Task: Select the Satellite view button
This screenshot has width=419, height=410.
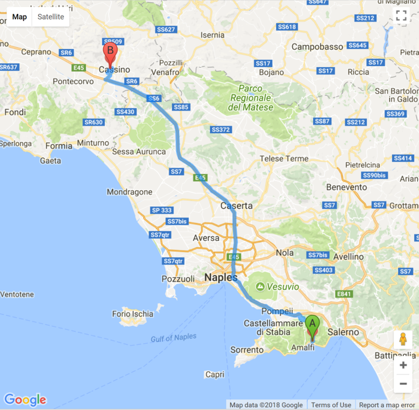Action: (x=51, y=17)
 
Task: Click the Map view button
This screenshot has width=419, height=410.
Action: (x=19, y=17)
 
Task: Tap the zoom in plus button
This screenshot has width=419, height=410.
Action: (x=403, y=365)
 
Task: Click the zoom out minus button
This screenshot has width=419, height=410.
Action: (x=403, y=383)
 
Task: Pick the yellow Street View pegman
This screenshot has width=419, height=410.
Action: (x=403, y=339)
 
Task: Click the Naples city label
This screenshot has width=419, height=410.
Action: (x=220, y=278)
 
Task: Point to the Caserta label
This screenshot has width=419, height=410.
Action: (x=236, y=206)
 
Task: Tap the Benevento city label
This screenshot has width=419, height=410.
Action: (x=347, y=187)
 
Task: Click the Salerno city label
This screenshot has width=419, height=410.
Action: (x=344, y=332)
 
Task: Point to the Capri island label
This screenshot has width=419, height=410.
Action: (x=215, y=375)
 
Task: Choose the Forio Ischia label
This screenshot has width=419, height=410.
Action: (x=133, y=314)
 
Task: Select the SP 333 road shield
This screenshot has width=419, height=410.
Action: (x=162, y=210)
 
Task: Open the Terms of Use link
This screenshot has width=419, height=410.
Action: (x=331, y=405)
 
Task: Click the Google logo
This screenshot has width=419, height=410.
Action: (x=25, y=400)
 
